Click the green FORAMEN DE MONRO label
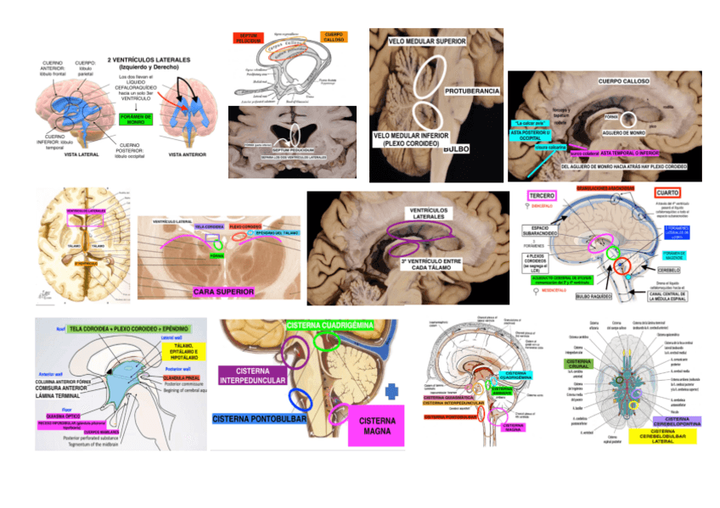click(x=136, y=120)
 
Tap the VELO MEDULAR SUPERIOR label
click(x=426, y=41)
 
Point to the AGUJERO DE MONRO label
click(x=626, y=133)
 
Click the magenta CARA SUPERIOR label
click(x=223, y=292)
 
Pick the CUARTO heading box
click(x=667, y=193)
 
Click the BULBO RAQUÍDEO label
click(x=593, y=297)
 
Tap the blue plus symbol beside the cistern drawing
click(x=391, y=392)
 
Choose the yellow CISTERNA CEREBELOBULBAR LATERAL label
click(x=662, y=435)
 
